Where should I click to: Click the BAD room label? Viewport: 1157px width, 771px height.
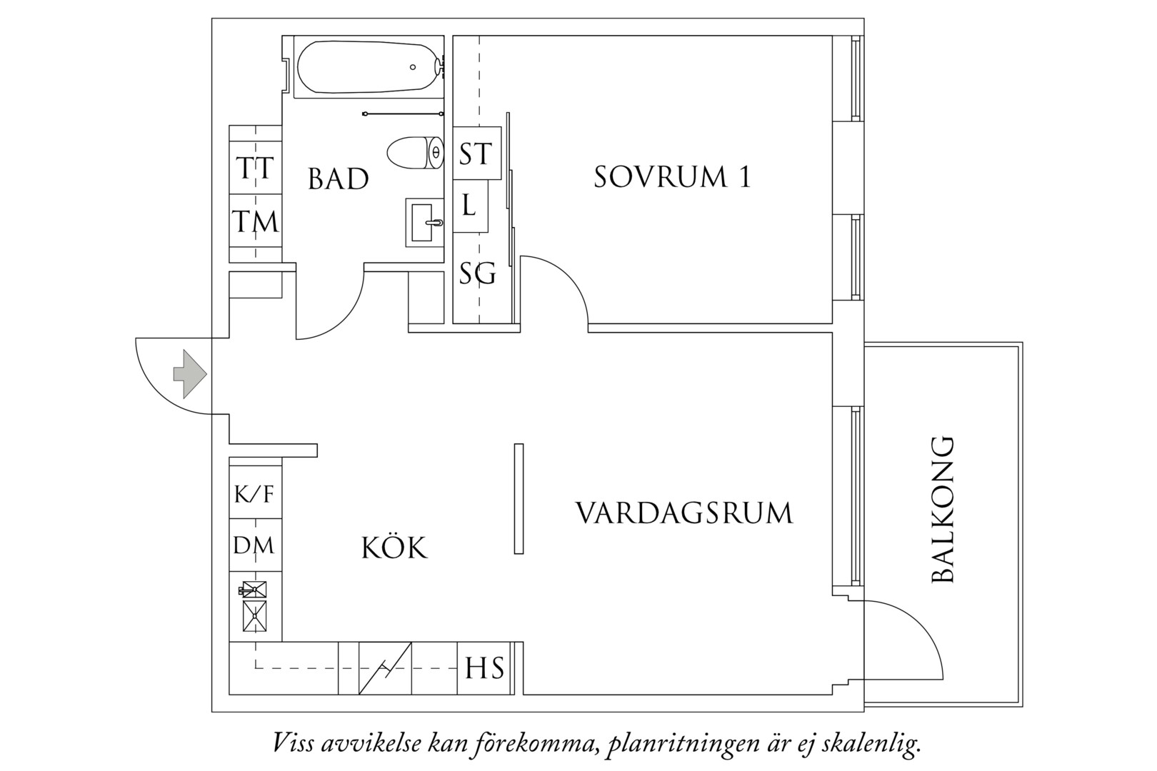point(339,179)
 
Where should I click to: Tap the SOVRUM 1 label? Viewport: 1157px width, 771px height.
point(672,177)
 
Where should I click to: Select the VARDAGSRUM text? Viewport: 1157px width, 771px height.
point(684,513)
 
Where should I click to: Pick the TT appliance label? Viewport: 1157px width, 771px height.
point(255,168)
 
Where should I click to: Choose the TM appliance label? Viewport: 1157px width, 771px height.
point(255,221)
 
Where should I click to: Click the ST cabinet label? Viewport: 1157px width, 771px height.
point(476,154)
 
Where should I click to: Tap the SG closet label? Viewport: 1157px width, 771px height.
point(478,273)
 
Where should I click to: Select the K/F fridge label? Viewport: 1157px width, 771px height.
point(254,494)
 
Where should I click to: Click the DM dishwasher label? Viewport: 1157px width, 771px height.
point(254,545)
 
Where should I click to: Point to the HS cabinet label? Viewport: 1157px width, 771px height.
point(484,668)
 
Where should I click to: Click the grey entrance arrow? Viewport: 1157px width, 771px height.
point(190,374)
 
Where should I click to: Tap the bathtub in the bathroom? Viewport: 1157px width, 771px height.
point(369,67)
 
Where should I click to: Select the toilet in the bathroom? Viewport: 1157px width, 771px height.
point(415,152)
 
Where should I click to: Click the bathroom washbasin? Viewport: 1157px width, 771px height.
point(424,223)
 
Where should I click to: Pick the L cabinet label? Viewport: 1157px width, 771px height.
point(469,205)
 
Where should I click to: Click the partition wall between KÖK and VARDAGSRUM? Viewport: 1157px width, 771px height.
point(519,499)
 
